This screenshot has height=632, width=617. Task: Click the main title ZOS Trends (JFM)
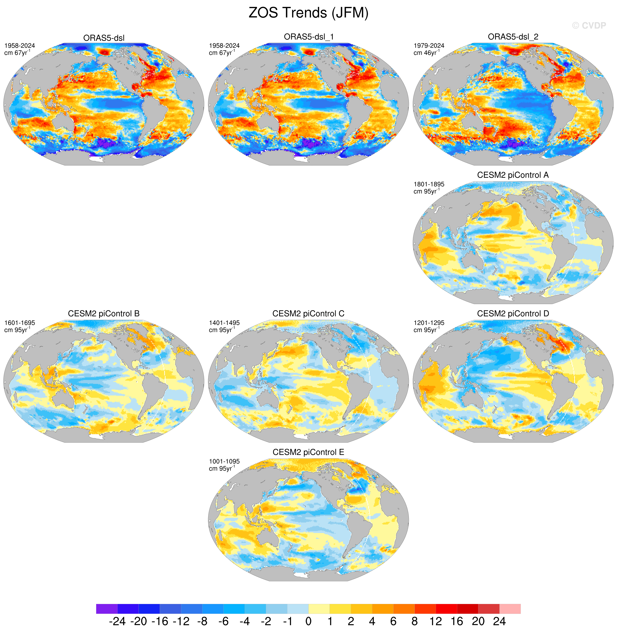coord(308,13)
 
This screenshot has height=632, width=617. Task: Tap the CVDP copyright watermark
coord(589,26)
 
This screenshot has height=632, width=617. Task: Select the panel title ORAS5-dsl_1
coord(309,37)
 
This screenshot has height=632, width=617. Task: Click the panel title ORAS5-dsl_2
coord(513,37)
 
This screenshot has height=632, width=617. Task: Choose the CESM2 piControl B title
coord(104,313)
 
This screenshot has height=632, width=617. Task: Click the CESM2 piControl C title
coord(308,313)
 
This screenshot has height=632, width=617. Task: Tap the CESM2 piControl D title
coord(513,313)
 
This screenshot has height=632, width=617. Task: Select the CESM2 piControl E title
coord(308,452)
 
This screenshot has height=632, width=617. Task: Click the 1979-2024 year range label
coord(429,46)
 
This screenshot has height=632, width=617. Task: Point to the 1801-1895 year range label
coord(429,184)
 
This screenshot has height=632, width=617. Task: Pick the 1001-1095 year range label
coord(224,462)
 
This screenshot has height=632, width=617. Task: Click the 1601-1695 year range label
coord(20,323)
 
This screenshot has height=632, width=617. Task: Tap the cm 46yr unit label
coord(427,52)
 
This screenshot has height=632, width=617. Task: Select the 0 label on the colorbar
coord(308,621)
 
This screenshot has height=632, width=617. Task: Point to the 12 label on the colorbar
coord(436,621)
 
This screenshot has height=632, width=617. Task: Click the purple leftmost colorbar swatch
coord(107,609)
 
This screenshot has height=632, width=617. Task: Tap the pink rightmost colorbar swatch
coord(510,609)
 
